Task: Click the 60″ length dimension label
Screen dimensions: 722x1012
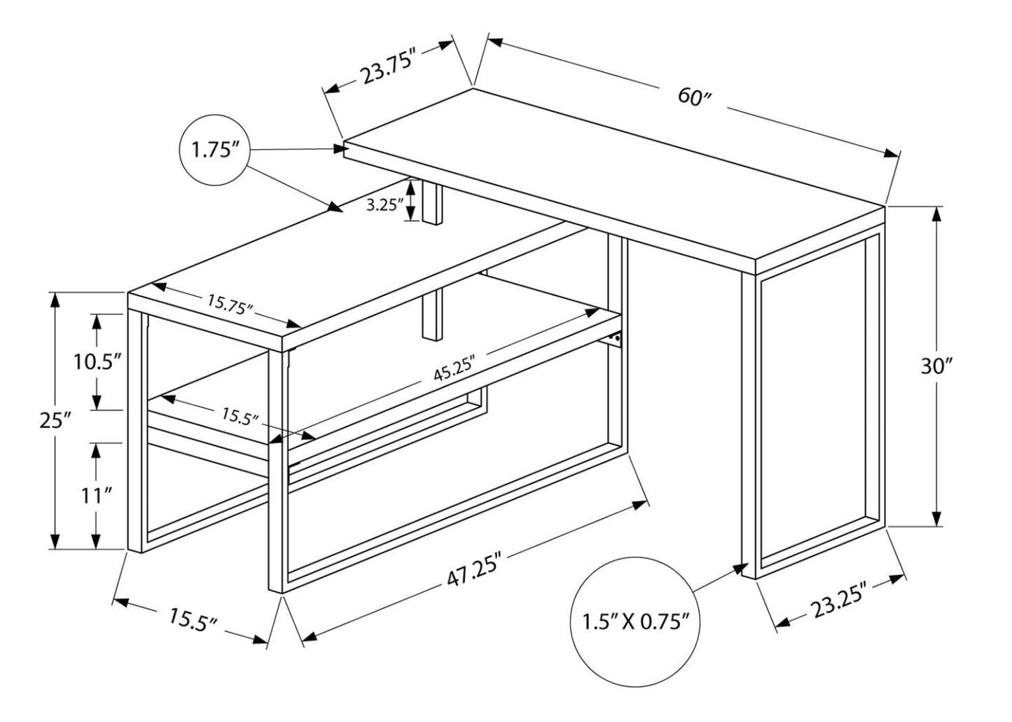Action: tap(694, 96)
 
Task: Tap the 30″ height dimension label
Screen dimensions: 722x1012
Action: tap(937, 366)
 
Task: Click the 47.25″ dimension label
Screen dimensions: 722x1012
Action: tap(475, 573)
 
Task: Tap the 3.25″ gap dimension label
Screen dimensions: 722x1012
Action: tap(385, 205)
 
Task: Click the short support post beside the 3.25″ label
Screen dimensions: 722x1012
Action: tap(433, 203)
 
